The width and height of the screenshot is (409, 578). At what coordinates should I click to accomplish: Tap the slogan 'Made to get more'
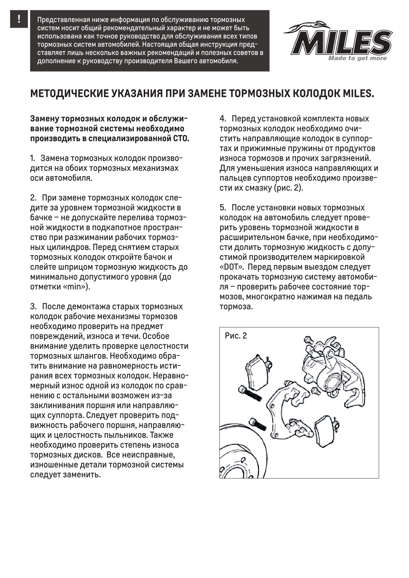[x=357, y=58]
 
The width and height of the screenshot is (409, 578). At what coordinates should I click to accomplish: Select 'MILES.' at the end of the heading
[x=358, y=94]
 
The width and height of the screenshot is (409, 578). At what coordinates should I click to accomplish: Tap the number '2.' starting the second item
[x=33, y=198]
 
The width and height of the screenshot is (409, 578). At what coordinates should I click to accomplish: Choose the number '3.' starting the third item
[x=33, y=306]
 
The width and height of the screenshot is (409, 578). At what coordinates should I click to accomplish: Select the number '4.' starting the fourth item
[x=223, y=119]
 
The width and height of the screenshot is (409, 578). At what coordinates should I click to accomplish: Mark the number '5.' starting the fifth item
[x=223, y=208]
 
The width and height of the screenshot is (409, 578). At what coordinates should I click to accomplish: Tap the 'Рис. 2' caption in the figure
[x=236, y=336]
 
